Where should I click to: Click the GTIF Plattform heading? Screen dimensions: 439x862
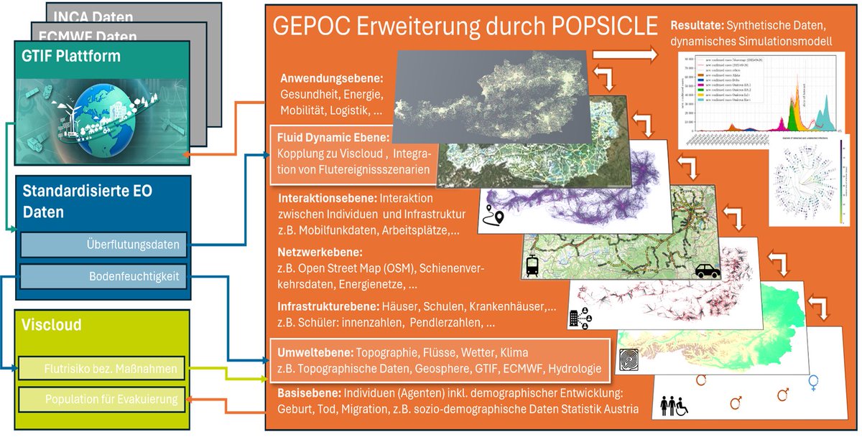point(70,55)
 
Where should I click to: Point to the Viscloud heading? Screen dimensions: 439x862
point(52,325)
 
